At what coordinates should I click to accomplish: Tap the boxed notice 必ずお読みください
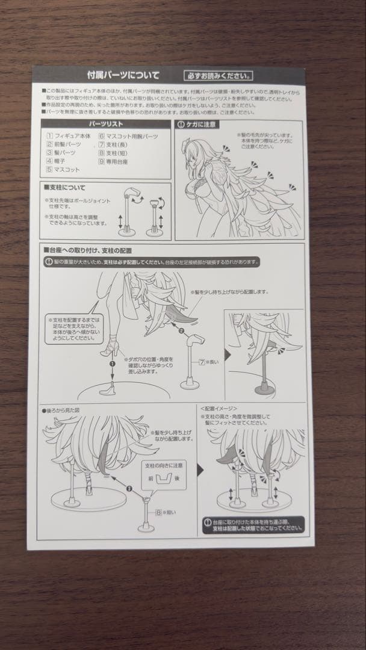click(219, 76)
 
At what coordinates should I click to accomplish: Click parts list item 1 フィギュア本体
click(69, 137)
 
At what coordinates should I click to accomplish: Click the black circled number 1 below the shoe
click(111, 364)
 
